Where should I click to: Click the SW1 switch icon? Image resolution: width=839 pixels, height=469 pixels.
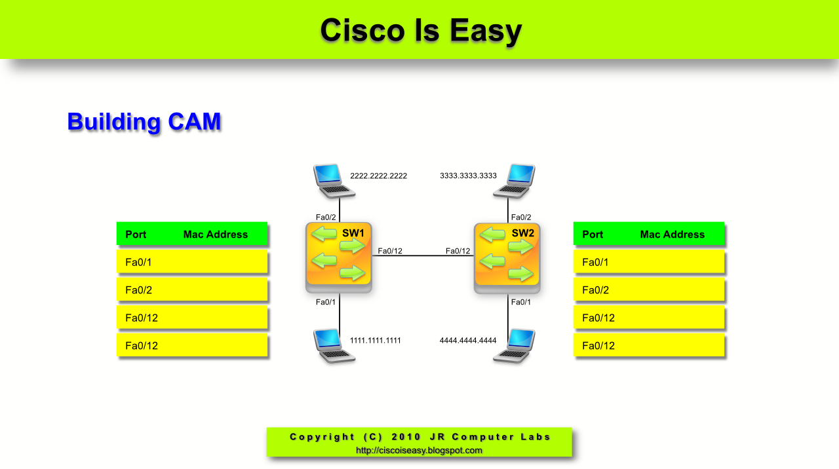coord(339,257)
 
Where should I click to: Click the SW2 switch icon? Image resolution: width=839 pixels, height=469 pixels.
coord(507,258)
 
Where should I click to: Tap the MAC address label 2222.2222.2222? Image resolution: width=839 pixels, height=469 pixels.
coord(378,176)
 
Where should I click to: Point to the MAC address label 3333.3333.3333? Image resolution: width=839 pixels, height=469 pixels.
coord(468,176)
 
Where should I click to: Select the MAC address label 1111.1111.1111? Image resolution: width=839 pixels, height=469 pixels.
coord(376,340)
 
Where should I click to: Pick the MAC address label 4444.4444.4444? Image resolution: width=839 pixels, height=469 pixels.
coord(468,340)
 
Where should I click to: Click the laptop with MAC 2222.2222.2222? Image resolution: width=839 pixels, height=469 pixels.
coord(334,181)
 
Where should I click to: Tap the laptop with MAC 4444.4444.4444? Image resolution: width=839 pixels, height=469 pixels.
coord(514,346)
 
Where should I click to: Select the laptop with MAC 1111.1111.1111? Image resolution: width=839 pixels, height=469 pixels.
coord(334,346)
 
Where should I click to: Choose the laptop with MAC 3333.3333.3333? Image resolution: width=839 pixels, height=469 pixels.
coord(514,181)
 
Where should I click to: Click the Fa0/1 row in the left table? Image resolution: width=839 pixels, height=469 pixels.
coord(192,261)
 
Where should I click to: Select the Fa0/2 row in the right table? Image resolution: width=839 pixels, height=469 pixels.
coord(649,290)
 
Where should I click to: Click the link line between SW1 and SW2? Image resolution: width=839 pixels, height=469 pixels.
coord(423,255)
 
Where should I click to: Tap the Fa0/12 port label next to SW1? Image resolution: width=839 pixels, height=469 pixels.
coord(390,251)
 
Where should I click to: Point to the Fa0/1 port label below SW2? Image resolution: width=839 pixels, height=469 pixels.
coord(520,302)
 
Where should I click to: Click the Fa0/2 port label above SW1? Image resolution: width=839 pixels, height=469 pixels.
coord(326,217)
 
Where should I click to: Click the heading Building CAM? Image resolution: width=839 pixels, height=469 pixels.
coord(144,122)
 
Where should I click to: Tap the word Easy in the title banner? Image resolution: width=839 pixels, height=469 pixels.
coord(486,31)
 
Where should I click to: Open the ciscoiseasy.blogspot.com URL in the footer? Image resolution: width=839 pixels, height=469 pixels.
coord(419,450)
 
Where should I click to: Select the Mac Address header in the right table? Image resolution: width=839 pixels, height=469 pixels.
coord(673,235)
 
